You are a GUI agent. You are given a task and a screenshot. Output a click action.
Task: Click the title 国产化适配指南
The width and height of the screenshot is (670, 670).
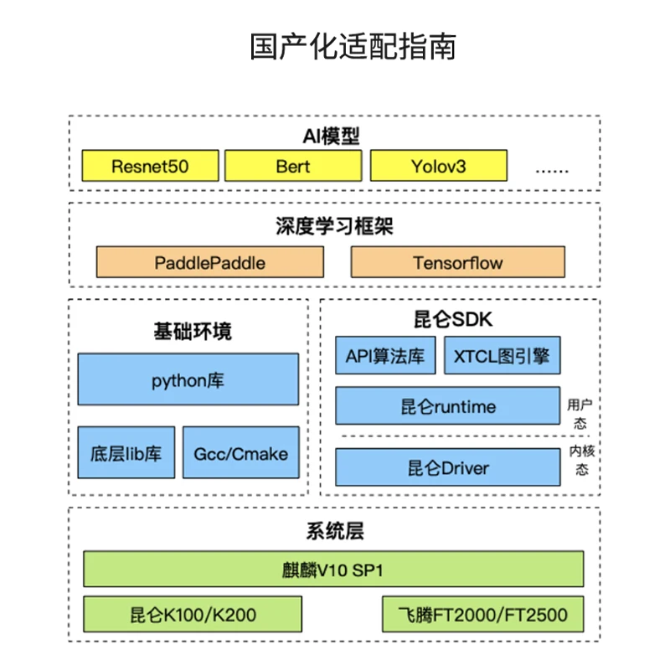[x=352, y=46]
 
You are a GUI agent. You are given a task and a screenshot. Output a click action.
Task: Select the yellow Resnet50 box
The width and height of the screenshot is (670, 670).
[x=150, y=166]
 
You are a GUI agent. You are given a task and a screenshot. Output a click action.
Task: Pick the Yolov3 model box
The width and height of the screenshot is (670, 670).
[x=438, y=166]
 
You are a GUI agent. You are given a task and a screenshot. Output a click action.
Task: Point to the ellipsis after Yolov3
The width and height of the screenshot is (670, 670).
[x=552, y=167]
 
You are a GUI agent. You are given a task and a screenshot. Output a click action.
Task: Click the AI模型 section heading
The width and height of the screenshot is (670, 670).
[x=333, y=137]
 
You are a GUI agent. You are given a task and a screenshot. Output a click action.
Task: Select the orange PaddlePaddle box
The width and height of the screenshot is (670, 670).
[x=209, y=262]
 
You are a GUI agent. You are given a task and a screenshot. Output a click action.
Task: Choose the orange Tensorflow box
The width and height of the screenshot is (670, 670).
[x=457, y=262]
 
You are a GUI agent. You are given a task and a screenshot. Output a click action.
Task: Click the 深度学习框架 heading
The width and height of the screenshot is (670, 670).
[x=334, y=226]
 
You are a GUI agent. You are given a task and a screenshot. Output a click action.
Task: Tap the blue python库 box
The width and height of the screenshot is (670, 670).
[x=188, y=379]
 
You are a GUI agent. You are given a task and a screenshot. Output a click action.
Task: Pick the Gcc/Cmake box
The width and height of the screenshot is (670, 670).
[x=240, y=453]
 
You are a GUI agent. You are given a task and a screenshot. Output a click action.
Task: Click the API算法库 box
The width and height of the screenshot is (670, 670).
[x=385, y=356]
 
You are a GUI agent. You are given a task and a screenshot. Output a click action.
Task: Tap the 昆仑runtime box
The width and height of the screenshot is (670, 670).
[x=447, y=406]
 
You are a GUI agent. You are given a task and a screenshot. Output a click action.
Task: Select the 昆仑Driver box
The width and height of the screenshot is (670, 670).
[x=447, y=467]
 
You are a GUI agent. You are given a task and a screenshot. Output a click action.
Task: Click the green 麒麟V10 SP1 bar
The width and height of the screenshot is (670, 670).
[x=333, y=569]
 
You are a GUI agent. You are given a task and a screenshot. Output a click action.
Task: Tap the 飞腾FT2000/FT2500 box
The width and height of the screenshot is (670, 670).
[x=482, y=615]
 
